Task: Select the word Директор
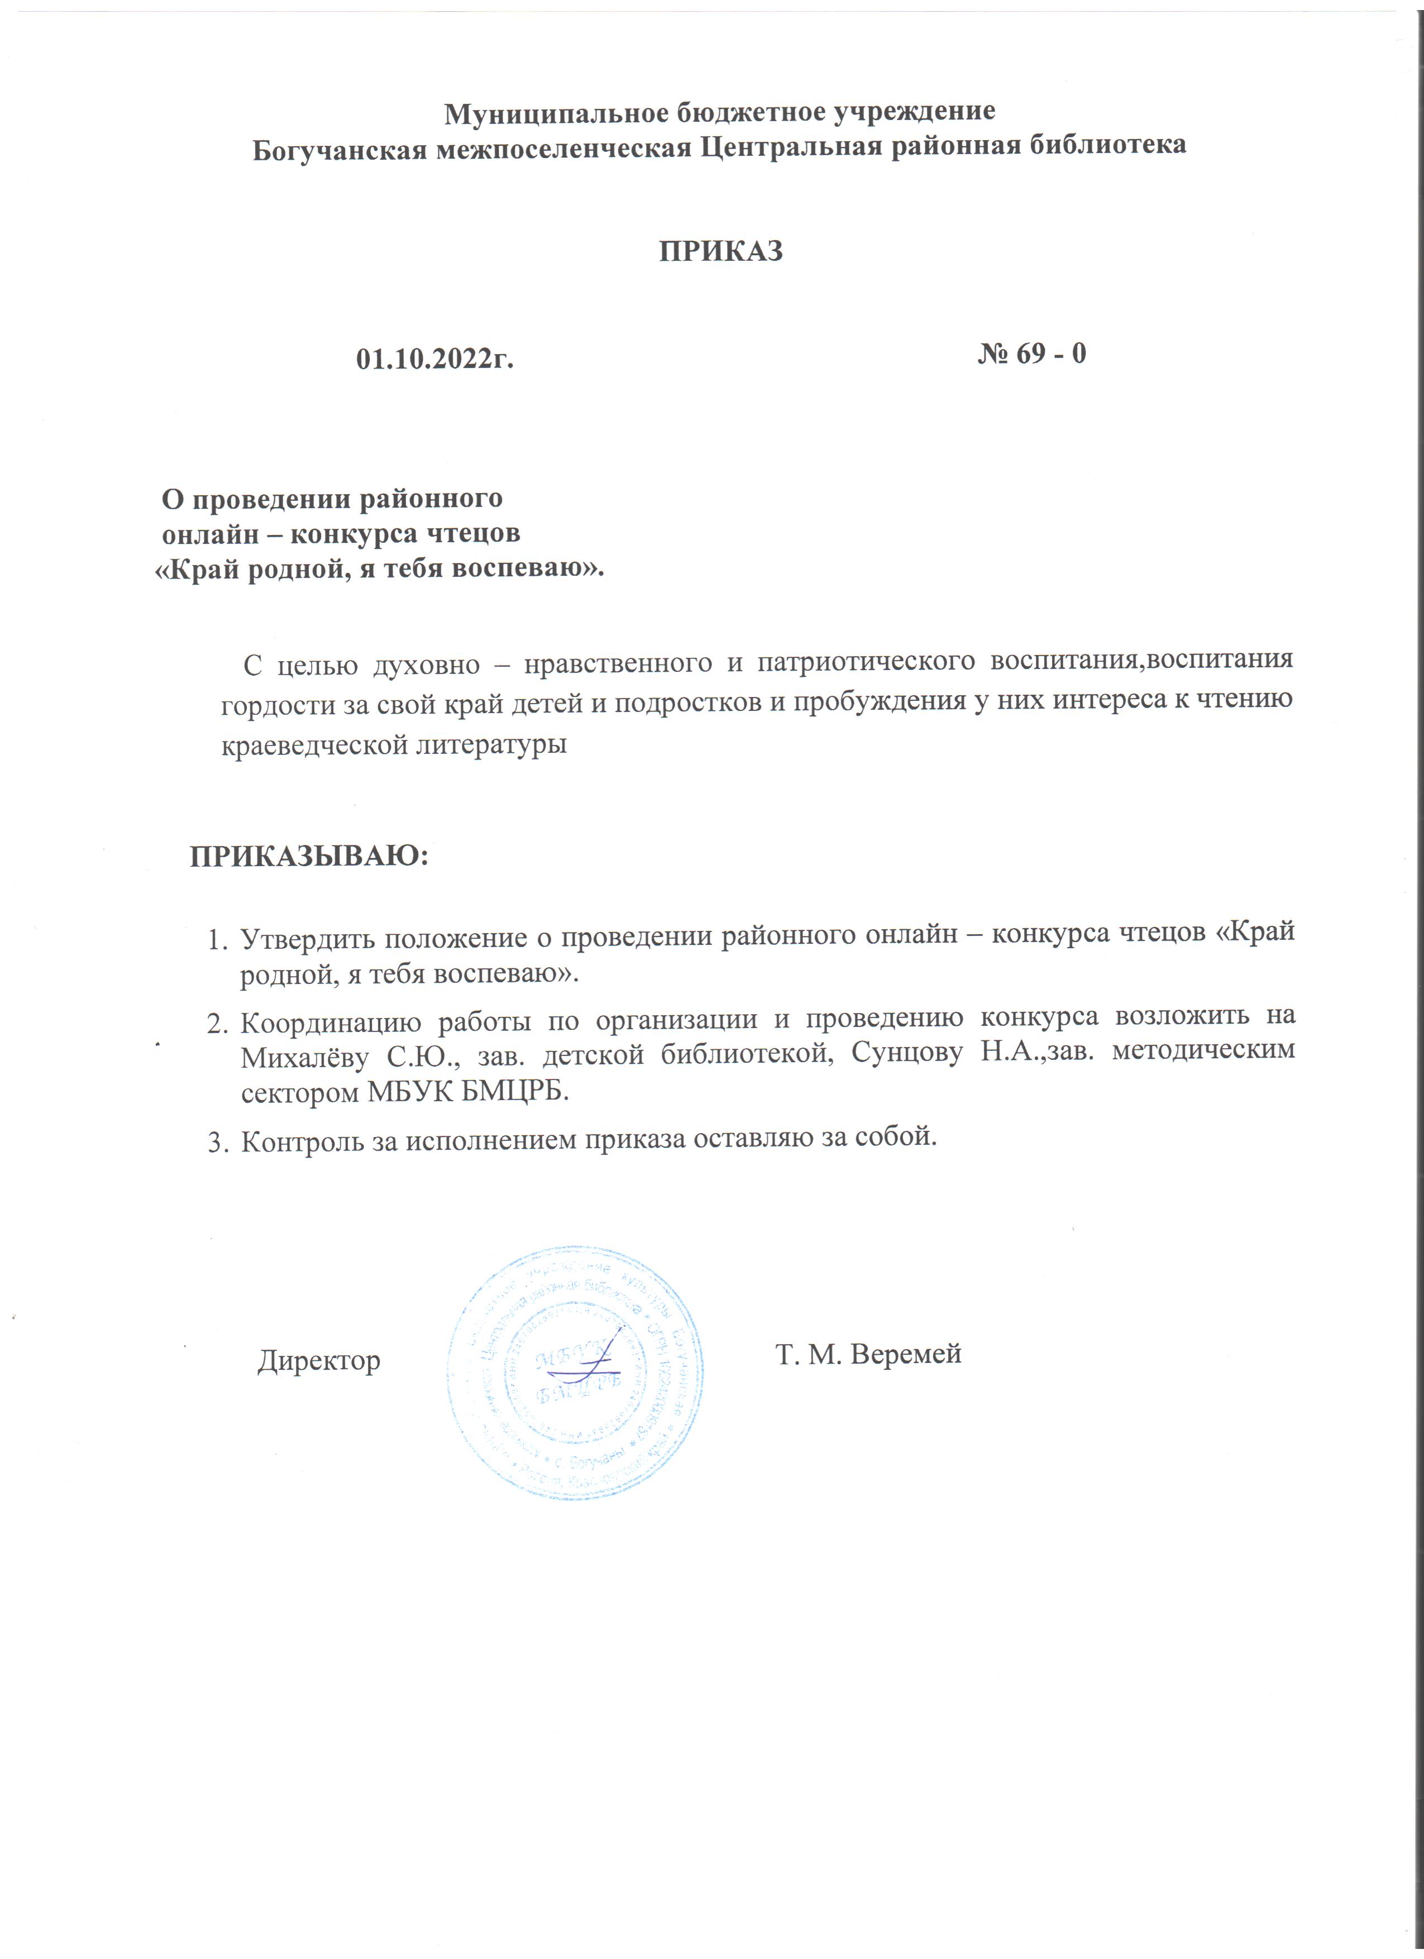[319, 1360]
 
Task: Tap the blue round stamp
[574, 1372]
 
